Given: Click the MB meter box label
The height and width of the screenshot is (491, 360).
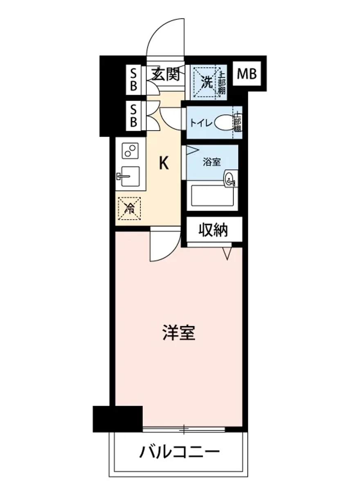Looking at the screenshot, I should (247, 74).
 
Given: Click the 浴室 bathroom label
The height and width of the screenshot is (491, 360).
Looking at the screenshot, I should (212, 162).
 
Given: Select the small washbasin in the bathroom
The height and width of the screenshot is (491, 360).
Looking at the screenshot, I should (230, 179).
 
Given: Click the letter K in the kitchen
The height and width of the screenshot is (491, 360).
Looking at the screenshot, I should (163, 164).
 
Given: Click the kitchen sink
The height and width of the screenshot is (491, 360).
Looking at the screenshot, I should (130, 177).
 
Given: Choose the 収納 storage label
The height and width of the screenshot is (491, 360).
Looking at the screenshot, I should (213, 231).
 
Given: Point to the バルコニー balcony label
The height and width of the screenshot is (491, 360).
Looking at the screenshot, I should (180, 453).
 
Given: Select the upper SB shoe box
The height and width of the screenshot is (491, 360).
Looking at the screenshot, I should (133, 80).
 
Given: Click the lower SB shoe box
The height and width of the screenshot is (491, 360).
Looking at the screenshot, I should (133, 116).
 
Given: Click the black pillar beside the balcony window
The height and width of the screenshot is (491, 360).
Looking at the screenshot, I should (117, 419).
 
